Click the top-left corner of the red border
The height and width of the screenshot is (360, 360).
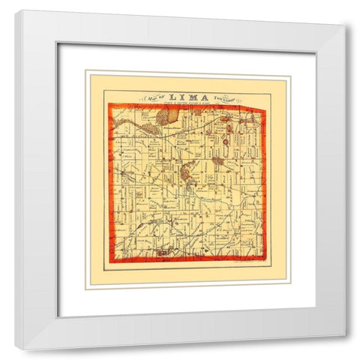click(x=109, y=107)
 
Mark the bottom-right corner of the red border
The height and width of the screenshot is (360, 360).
click(x=264, y=260)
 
